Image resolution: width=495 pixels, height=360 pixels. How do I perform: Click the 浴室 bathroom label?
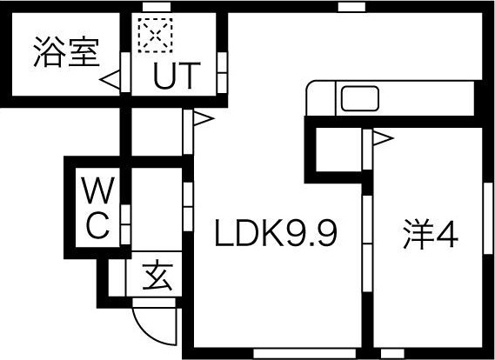66,53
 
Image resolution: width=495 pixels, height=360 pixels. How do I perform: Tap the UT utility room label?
177,76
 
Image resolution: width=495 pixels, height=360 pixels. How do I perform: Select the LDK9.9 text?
277,233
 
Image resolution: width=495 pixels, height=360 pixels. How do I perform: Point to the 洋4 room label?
431,234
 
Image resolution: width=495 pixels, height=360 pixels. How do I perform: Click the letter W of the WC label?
97,190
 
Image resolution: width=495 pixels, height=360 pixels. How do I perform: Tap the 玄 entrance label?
157,276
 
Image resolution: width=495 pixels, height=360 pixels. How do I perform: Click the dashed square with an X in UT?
155,35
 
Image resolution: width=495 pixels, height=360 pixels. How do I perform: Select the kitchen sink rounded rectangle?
360,98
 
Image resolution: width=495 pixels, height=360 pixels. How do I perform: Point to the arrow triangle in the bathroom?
110,79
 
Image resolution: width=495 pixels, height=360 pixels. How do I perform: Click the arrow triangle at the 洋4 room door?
384,138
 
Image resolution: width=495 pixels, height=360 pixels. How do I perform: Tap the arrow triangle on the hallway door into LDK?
204,118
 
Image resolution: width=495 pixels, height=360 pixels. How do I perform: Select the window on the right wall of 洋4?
488,218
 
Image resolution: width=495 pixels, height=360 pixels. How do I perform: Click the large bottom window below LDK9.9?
304,353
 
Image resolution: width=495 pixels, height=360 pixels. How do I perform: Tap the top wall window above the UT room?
157,7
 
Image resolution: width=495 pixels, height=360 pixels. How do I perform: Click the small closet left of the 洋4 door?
338,150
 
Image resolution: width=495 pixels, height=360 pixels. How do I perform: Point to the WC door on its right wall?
125,224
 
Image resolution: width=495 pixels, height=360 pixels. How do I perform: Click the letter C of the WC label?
97,225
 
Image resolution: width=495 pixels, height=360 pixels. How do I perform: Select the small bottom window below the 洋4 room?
392,353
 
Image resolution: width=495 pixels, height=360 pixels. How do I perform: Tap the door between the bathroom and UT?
125,72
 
